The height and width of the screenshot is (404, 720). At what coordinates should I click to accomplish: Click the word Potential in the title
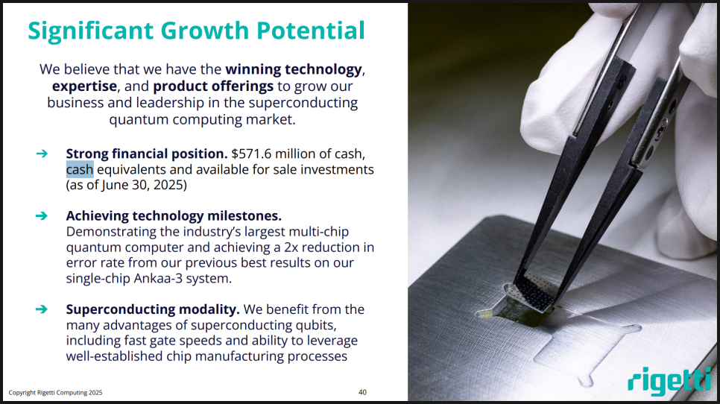310,31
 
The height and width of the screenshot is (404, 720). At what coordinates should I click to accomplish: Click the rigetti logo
669,381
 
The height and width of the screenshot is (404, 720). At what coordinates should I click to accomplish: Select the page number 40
362,392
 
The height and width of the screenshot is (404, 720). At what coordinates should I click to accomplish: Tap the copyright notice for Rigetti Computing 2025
56,393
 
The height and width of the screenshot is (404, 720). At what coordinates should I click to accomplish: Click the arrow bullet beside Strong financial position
42,154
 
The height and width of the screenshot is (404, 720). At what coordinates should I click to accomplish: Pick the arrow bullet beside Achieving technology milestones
42,215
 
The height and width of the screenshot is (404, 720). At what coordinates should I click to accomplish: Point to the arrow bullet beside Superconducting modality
42,309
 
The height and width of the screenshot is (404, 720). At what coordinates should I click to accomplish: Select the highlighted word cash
80,169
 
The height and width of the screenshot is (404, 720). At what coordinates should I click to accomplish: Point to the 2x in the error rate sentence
291,247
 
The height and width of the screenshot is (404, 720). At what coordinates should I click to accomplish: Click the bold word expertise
84,86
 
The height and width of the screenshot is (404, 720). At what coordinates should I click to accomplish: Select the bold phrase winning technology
294,69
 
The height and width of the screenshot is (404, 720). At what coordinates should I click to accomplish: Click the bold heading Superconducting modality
153,309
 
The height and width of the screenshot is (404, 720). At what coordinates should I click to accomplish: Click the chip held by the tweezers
534,294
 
